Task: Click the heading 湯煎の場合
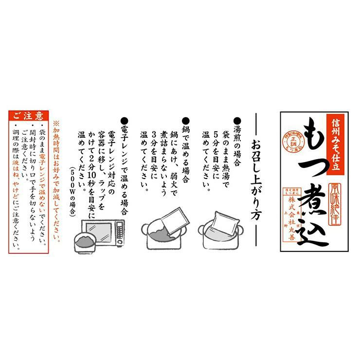pos(237,141)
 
